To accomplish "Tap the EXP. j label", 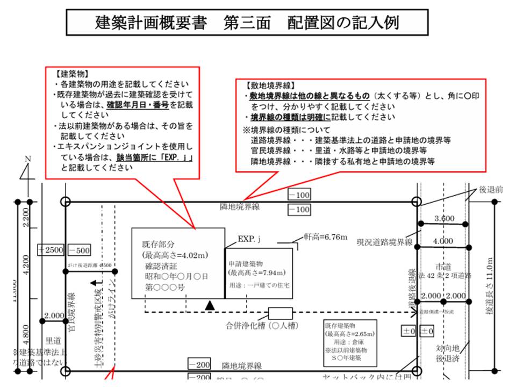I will click(249, 238).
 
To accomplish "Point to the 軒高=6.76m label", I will click(325, 236).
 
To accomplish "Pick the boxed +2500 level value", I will click(51, 250).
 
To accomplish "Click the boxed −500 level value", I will click(79, 250).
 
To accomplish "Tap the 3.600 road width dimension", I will click(445, 219).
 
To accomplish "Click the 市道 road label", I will click(443, 267).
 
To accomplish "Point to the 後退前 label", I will click(491, 190).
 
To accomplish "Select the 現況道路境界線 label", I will click(384, 242).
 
